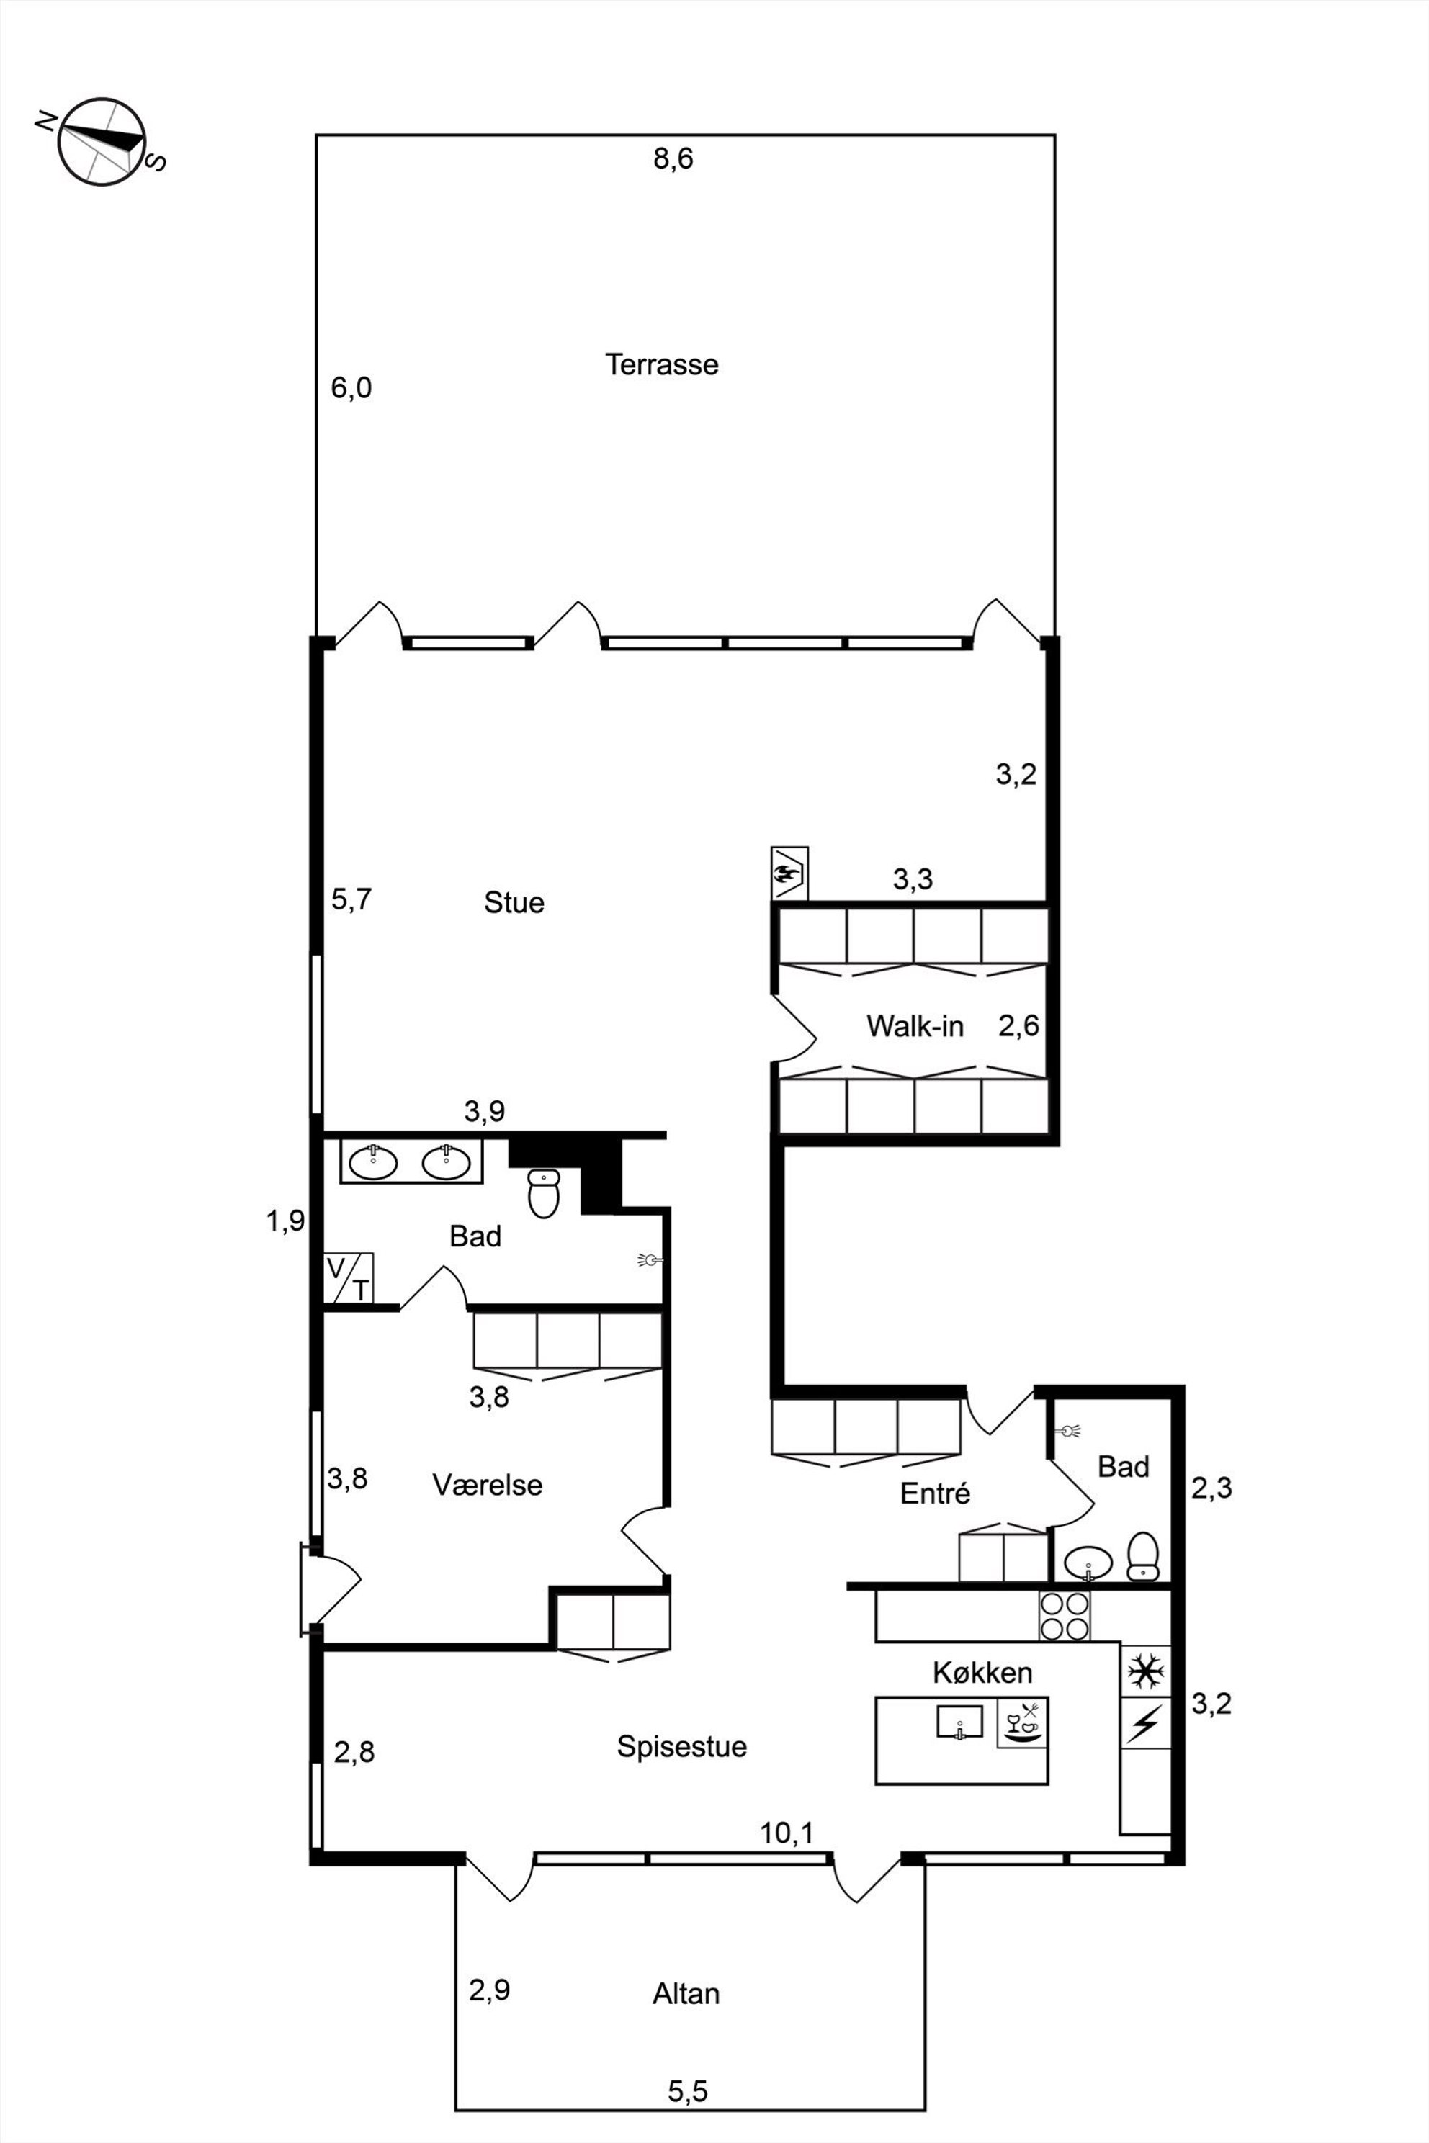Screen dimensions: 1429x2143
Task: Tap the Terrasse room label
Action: click(662, 364)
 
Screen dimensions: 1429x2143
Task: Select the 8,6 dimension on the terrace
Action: click(673, 158)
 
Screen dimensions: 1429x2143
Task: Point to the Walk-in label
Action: click(914, 1026)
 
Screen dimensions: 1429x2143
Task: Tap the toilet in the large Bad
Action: click(543, 1194)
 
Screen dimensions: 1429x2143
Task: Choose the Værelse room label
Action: click(488, 1485)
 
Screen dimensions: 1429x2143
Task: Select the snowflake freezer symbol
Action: click(1145, 1671)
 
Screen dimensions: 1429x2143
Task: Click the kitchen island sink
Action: click(959, 1722)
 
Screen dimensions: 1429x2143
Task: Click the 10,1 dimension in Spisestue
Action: click(787, 1833)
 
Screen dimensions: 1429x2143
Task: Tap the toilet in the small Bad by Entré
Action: click(1143, 1555)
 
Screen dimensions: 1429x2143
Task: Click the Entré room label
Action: click(935, 1493)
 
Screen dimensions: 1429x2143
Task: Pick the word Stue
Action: click(514, 902)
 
